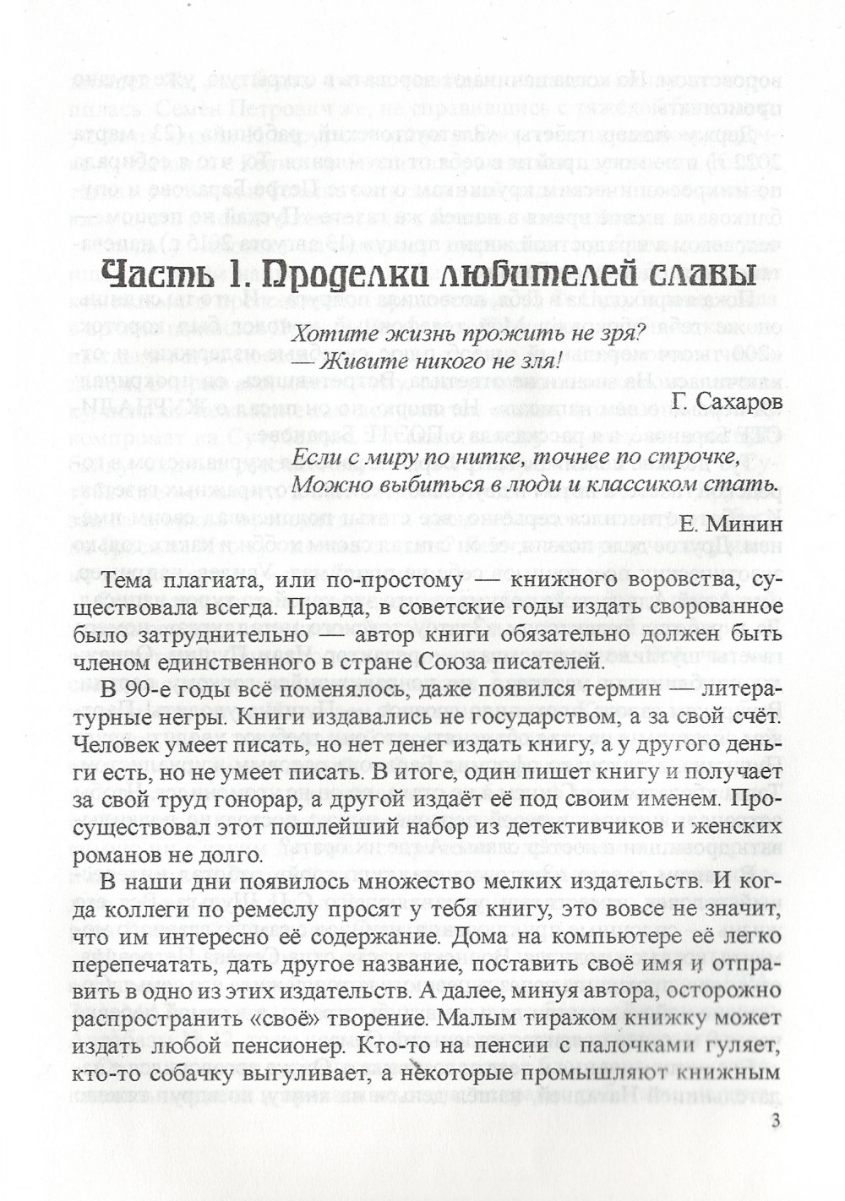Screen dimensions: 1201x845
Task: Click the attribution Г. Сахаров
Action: (x=728, y=400)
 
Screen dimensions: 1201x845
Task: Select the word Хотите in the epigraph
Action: (x=327, y=334)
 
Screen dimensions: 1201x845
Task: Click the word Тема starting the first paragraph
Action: (x=126, y=580)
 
